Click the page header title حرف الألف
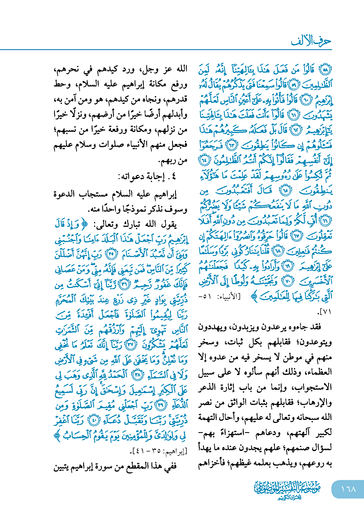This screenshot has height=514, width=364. [311, 41]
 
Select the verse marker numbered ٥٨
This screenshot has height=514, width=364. [325, 70]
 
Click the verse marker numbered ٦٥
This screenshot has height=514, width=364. [286, 191]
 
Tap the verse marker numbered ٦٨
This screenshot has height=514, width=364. [278, 251]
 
